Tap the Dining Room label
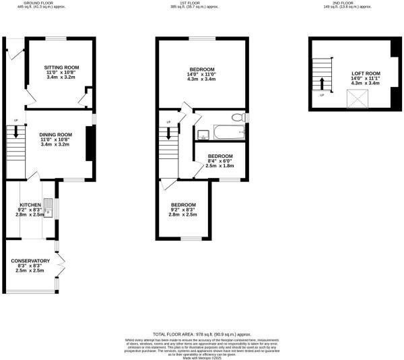[x=56, y=135]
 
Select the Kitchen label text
[x=30, y=204]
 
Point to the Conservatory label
[x=30, y=261]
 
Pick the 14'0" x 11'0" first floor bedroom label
[x=202, y=69]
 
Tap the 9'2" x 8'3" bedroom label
[x=182, y=205]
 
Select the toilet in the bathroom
[x=238, y=117]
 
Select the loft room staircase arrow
[x=322, y=84]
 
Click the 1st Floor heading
[x=202, y=3]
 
